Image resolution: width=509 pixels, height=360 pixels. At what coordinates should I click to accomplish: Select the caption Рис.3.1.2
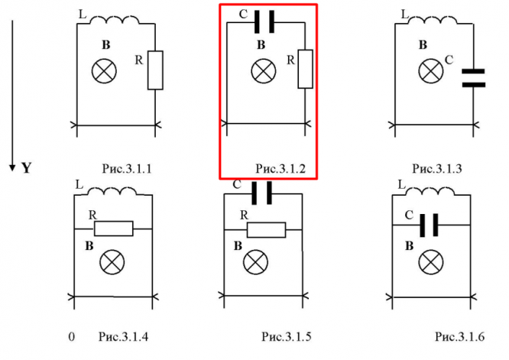[x=280, y=167]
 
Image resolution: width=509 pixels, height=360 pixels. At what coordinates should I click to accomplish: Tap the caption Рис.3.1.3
[x=436, y=167]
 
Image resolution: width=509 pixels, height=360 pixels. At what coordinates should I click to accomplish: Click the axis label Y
[x=26, y=167]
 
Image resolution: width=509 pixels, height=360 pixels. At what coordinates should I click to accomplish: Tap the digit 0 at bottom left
[x=71, y=336]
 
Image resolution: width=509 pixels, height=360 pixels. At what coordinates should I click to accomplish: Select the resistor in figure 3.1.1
[x=155, y=70]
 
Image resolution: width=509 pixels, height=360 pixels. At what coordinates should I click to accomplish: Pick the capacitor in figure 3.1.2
[x=264, y=23]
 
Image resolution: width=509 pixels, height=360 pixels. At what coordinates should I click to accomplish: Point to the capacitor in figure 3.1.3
[x=474, y=76]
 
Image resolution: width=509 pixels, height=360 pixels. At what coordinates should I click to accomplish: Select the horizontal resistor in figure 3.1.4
[x=114, y=228]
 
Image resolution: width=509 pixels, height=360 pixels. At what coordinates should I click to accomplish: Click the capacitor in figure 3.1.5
[x=262, y=194]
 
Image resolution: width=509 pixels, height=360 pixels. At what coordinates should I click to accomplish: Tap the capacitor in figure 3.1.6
[x=430, y=225]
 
